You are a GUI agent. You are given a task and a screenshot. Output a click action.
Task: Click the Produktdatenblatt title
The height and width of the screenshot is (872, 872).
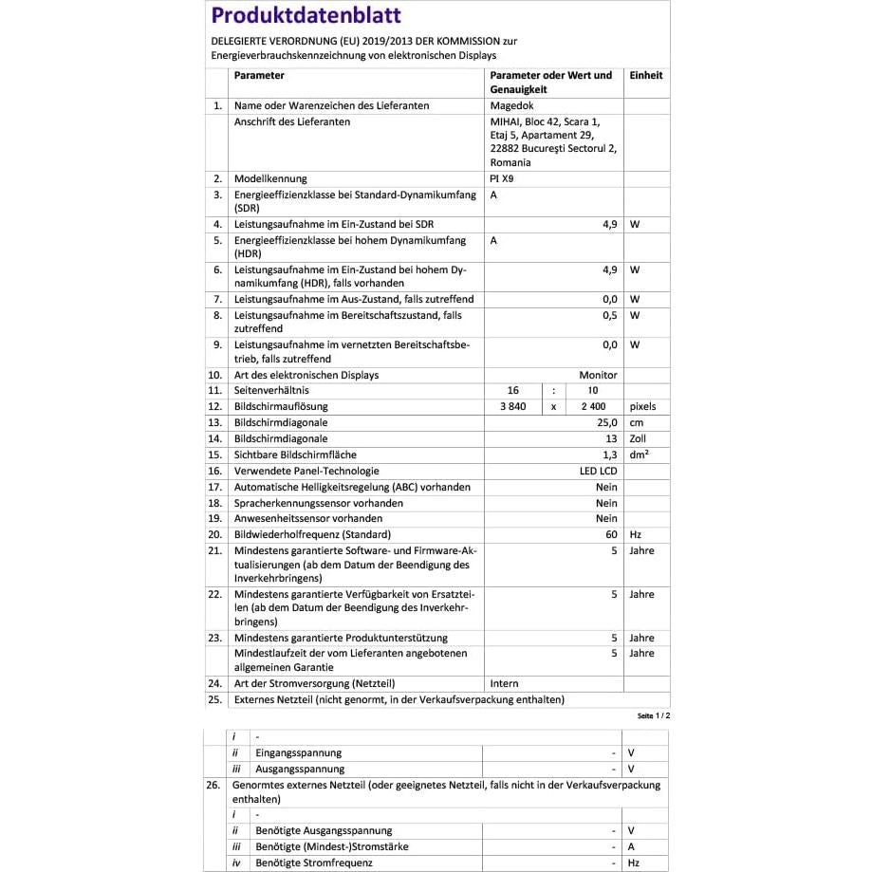click(306, 15)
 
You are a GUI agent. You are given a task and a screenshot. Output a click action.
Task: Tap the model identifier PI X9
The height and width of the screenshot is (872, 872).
click(503, 178)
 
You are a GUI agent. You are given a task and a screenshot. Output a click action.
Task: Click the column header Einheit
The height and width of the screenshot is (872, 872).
click(645, 75)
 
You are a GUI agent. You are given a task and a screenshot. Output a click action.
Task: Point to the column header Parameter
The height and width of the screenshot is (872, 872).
click(259, 75)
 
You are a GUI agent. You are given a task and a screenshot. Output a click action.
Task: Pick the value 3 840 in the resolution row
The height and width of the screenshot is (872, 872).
click(512, 406)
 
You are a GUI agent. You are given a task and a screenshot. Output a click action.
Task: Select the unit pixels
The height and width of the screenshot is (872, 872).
click(642, 406)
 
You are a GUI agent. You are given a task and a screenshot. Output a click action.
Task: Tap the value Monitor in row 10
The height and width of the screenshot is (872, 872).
click(598, 375)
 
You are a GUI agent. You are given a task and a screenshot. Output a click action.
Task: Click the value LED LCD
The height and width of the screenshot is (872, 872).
click(598, 471)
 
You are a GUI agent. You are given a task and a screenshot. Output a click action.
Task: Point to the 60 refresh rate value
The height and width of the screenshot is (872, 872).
click(611, 534)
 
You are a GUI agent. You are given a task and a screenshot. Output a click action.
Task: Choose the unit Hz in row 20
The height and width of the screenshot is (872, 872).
click(635, 534)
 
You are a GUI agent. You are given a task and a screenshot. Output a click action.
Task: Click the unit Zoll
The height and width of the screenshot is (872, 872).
click(639, 438)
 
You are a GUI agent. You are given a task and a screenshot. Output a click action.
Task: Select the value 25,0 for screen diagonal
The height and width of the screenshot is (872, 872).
click(606, 422)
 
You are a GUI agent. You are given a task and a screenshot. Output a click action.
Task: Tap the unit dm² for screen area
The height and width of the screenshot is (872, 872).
click(640, 455)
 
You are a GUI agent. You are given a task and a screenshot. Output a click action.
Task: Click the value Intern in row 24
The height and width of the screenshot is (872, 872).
click(504, 683)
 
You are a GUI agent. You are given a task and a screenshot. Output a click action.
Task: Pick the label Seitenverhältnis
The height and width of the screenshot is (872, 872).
click(271, 390)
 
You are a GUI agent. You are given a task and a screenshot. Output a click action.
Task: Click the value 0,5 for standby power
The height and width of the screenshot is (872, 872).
click(610, 315)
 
